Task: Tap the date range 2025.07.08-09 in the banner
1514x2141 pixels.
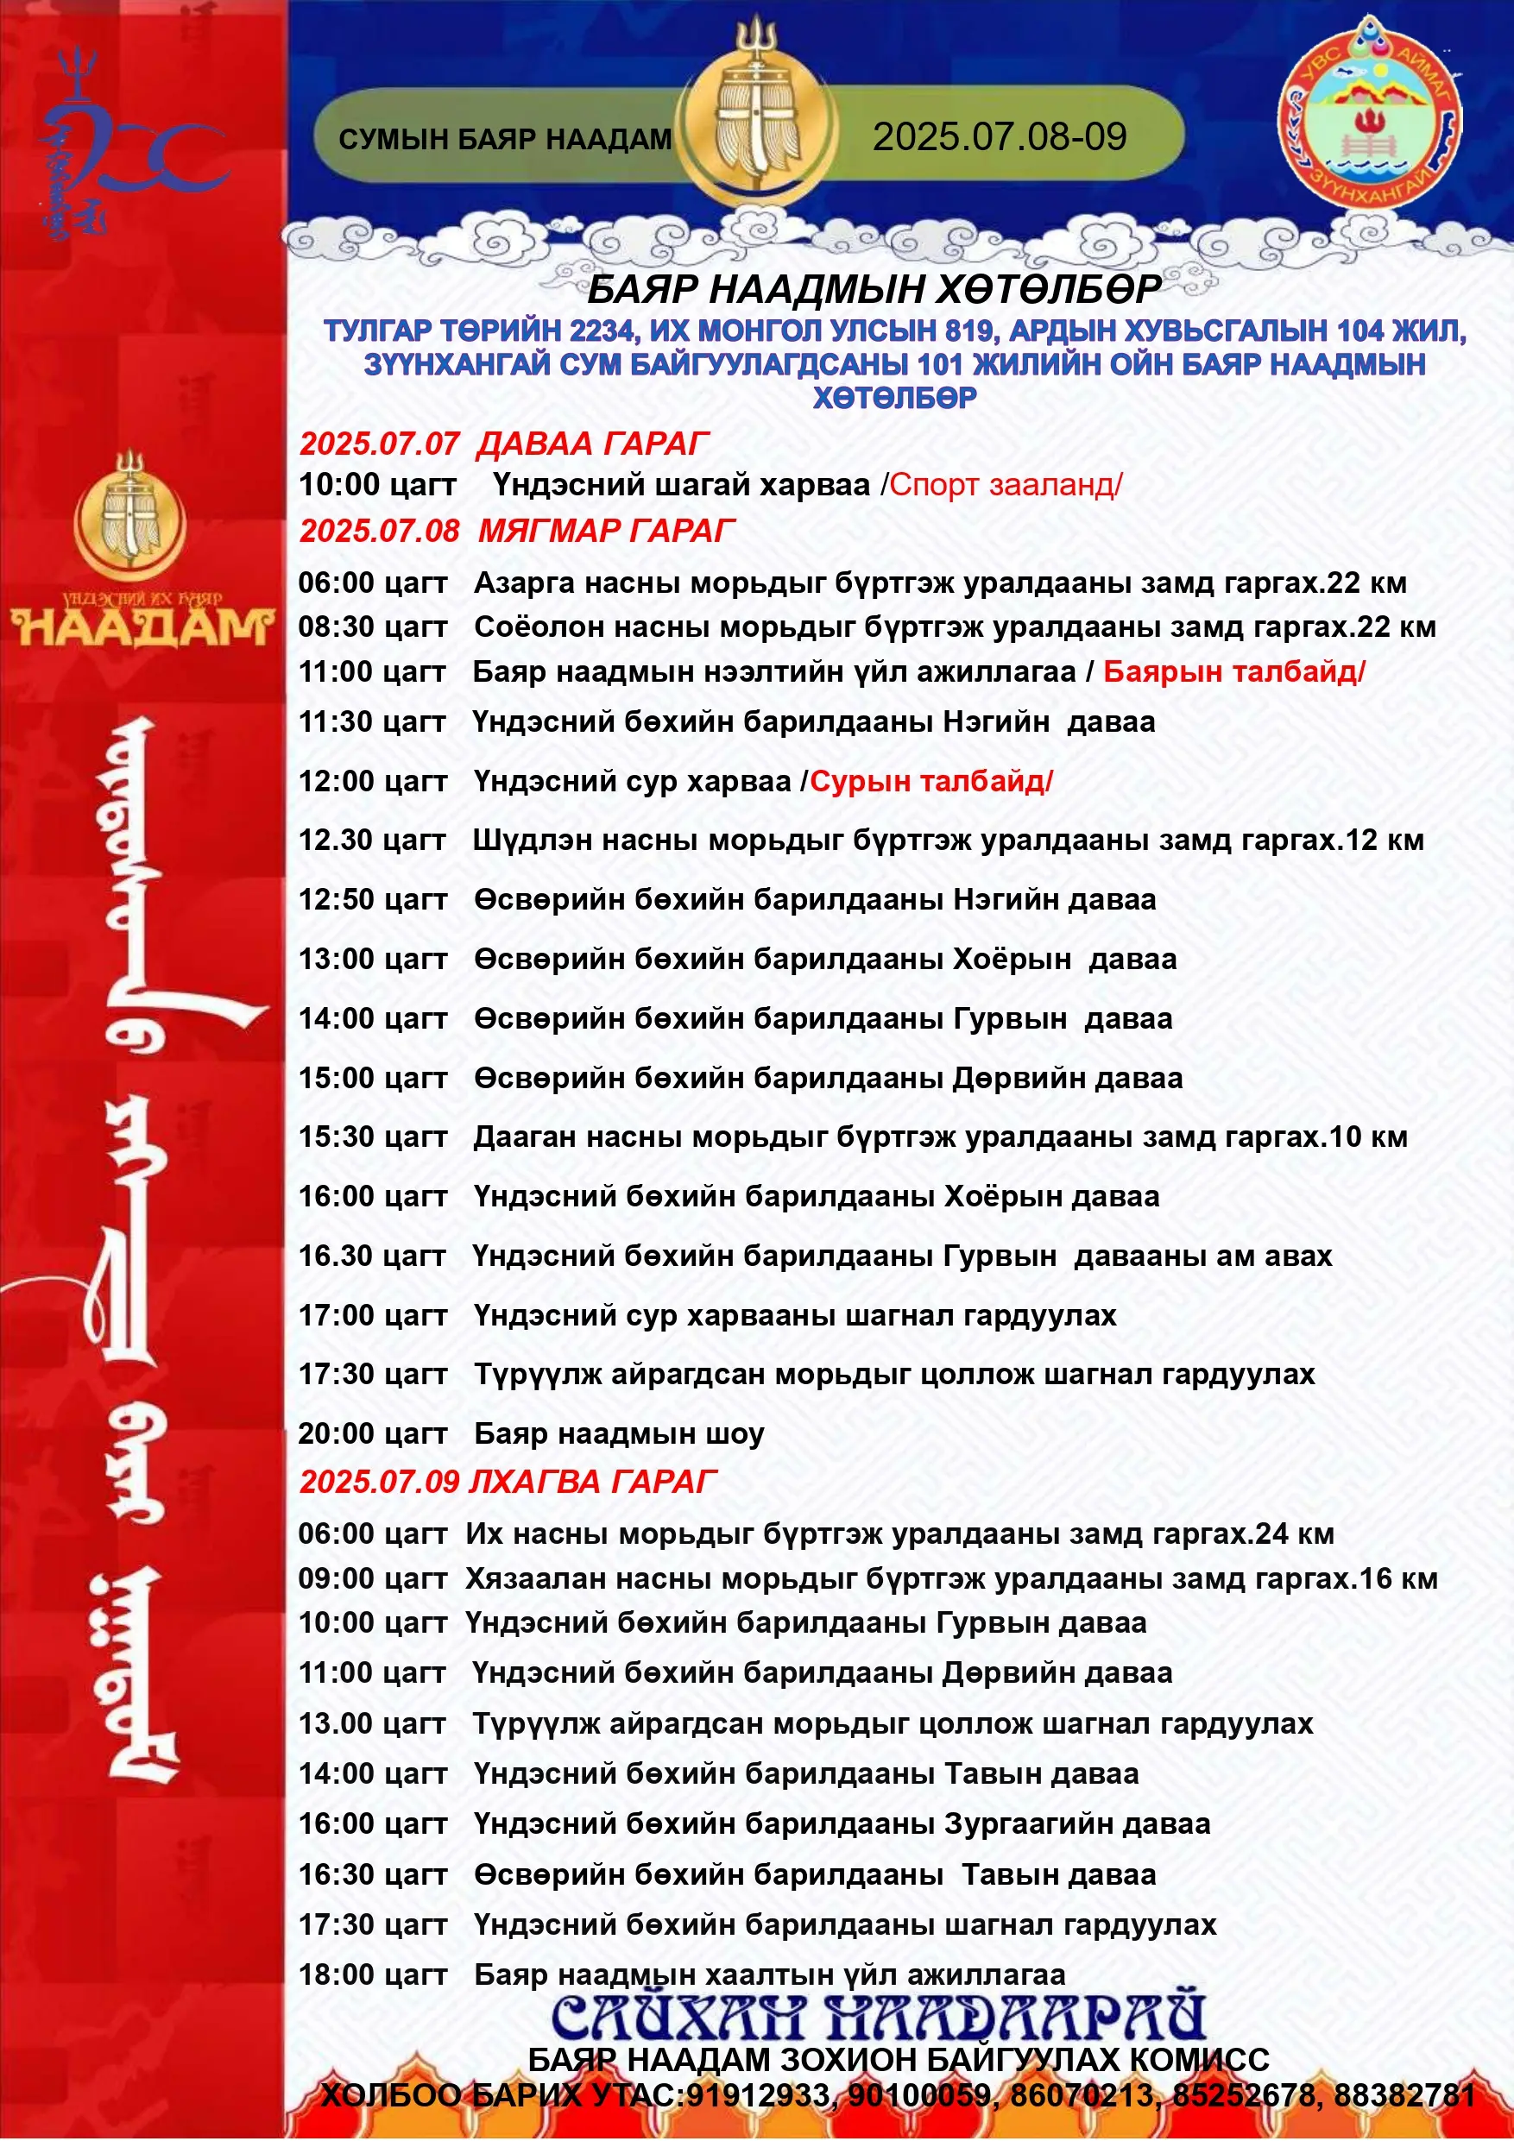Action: (x=999, y=137)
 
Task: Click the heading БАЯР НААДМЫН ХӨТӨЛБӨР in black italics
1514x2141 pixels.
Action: (x=874, y=290)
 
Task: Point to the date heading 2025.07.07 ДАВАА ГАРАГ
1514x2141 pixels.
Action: (x=504, y=443)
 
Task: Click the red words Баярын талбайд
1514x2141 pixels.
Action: (x=1233, y=671)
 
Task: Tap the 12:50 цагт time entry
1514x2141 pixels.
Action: (x=372, y=899)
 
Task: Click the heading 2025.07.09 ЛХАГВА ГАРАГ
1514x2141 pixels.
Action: (x=508, y=1481)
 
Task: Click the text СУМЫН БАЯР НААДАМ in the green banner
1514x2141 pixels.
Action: (x=505, y=139)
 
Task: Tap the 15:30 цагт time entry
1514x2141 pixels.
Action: (x=372, y=1137)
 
